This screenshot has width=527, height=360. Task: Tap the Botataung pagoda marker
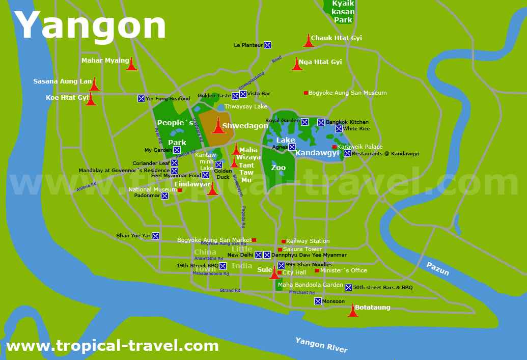[x=353, y=310]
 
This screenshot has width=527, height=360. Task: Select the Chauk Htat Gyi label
[x=336, y=38]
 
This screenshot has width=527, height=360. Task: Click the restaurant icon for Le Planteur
[x=267, y=45]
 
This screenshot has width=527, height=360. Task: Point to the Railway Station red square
[x=284, y=241]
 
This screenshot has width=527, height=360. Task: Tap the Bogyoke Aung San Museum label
[x=347, y=93]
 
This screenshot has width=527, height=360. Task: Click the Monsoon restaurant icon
[x=318, y=301]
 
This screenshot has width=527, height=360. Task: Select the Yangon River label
[x=321, y=345]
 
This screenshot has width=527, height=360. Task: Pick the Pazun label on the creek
[x=437, y=269]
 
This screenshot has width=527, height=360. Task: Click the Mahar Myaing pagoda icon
[x=131, y=64]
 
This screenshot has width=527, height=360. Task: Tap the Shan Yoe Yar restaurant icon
[x=155, y=236]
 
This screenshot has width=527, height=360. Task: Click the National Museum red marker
[x=180, y=190]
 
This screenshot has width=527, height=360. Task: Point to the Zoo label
[x=279, y=168]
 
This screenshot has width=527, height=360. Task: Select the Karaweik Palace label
[x=360, y=147]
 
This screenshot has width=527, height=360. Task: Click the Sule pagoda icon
[x=274, y=273]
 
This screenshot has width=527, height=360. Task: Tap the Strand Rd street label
[x=230, y=290]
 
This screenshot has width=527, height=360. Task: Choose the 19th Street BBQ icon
[x=223, y=266]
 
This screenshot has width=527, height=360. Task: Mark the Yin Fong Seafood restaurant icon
[x=141, y=98]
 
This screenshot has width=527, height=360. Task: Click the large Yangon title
[x=91, y=25]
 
